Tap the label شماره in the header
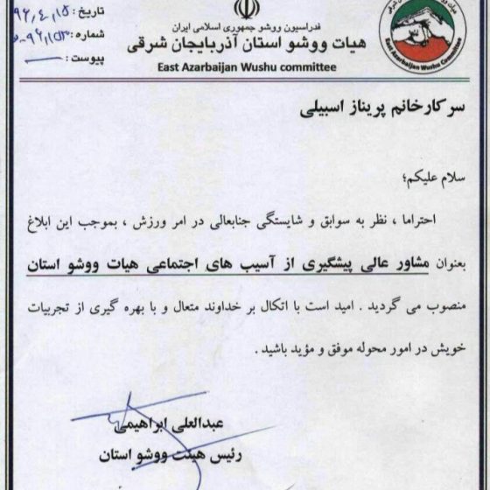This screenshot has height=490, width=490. click(95, 35)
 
